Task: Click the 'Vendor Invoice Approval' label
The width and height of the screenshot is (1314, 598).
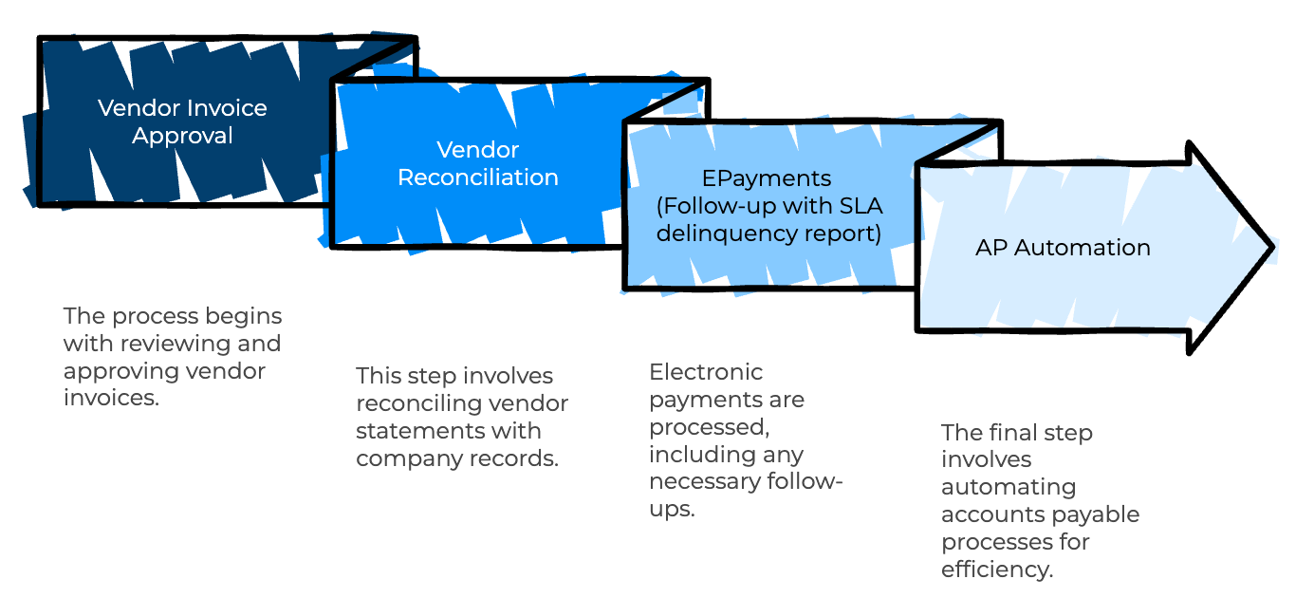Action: click(182, 121)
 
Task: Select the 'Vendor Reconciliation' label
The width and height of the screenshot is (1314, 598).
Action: click(478, 163)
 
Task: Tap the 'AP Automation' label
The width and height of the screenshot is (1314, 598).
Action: click(1063, 248)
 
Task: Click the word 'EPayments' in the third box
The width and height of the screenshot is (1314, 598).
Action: click(767, 178)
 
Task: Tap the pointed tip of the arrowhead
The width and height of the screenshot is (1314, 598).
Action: click(1273, 248)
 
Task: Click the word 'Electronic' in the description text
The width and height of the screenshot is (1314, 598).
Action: click(706, 371)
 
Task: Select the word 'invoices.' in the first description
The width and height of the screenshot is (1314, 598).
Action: click(111, 398)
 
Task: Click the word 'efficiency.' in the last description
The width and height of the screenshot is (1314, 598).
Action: click(997, 569)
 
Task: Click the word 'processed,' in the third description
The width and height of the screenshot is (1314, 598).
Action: click(710, 426)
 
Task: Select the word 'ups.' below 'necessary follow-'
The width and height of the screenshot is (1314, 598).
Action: click(673, 509)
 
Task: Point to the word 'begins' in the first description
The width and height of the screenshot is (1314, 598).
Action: click(244, 316)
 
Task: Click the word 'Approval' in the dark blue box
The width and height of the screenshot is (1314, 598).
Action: click(182, 136)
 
